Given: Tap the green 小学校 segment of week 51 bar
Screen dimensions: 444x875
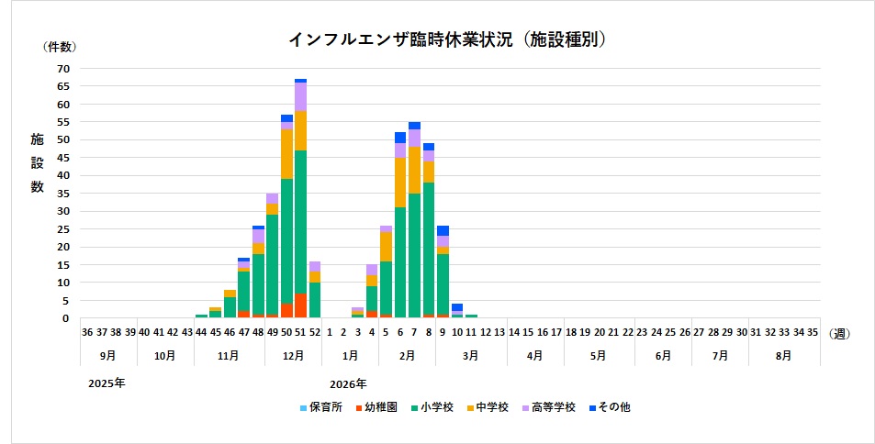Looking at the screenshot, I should coord(300,221).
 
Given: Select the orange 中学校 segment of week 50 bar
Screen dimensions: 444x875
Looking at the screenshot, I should coord(286,154).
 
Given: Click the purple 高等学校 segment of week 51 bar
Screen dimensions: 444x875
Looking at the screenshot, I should coord(300,96).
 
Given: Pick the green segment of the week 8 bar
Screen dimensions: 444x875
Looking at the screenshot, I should coord(429,248).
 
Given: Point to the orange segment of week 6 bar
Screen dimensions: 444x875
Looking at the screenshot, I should coord(400,182).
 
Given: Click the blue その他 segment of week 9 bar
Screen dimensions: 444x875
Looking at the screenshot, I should coord(443,230).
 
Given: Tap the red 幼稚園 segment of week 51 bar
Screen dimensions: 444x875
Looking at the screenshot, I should coord(300,305).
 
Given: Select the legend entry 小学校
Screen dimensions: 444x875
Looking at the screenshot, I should coord(432,406).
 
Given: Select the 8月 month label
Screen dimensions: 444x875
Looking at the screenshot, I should coord(784,354).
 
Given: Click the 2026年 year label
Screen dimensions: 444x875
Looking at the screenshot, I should coord(347,383).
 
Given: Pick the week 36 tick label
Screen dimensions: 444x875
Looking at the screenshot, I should coord(86,333).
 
